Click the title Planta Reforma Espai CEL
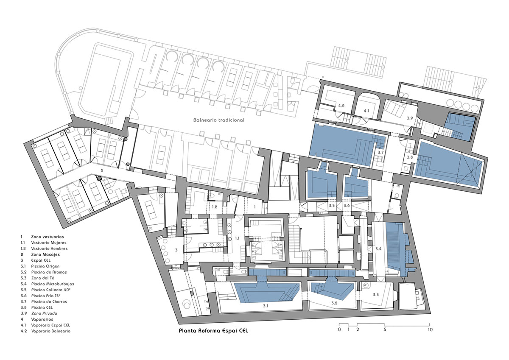coord(213,330)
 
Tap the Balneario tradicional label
coord(219,120)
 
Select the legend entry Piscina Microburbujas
coord(53,284)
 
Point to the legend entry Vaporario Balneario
coord(50,331)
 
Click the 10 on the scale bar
coord(430,329)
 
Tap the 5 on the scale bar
coord(385,329)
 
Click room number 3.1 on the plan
coord(266,306)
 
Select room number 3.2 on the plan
coord(334,303)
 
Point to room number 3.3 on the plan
coord(376,295)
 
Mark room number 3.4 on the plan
coord(378,249)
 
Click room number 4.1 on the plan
coord(366,111)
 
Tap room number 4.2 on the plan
coord(341,106)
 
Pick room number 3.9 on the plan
coord(410,118)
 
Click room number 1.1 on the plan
coord(237,238)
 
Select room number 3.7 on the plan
coord(380,152)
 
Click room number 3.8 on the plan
coord(410,157)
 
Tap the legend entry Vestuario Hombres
coord(49,249)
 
